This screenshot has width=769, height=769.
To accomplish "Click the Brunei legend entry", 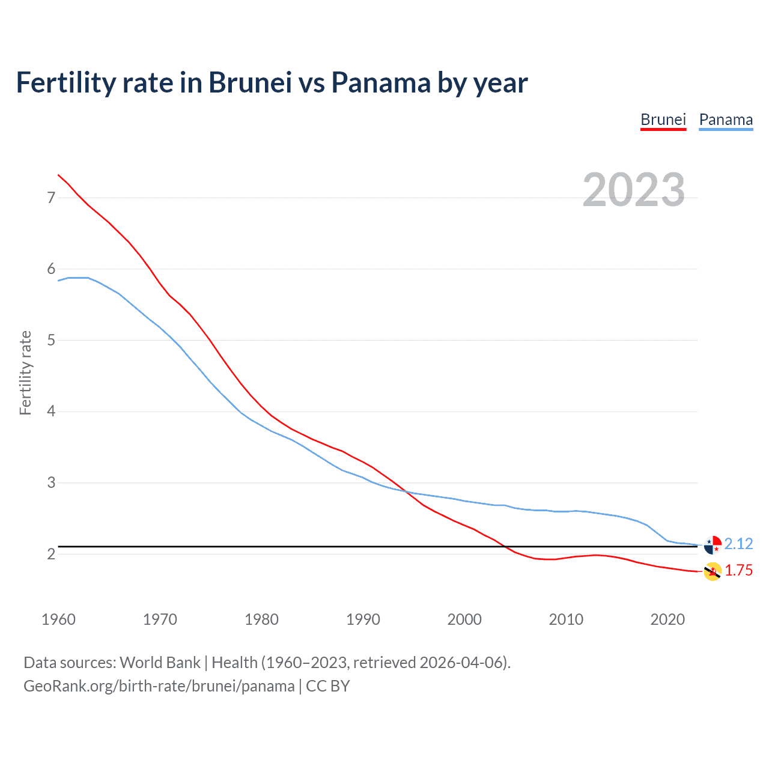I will [663, 120].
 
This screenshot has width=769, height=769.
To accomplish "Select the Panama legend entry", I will [726, 120].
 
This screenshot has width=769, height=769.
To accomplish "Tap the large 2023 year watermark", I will [634, 190].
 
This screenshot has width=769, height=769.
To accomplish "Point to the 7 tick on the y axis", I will [51, 198].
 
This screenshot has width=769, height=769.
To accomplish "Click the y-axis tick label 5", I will [51, 341].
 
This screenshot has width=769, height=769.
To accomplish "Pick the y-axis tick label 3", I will [51, 483].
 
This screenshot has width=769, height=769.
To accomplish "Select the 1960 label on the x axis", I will [58, 619].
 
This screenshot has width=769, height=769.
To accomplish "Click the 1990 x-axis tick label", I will [363, 619].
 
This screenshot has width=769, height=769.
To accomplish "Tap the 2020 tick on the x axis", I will [667, 619].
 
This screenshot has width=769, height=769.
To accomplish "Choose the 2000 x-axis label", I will [464, 619].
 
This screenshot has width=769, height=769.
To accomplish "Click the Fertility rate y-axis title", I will [25, 372].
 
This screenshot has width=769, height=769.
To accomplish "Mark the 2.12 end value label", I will [738, 544].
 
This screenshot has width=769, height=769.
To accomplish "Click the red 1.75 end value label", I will [738, 570].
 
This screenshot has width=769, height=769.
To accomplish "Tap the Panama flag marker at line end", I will [713, 544].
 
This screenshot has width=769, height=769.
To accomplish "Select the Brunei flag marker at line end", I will [713, 571].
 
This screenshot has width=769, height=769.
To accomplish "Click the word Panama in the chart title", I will [381, 82].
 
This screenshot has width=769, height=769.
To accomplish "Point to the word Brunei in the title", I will [250, 82].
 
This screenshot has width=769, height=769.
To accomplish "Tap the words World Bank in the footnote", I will [160, 662].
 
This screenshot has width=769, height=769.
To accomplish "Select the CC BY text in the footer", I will [328, 686].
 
